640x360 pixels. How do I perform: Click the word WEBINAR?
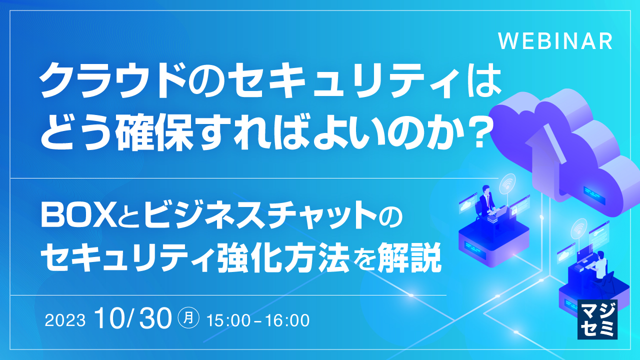(x=555, y=41)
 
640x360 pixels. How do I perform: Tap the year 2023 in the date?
(x=65, y=320)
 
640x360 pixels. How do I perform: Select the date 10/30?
(x=133, y=318)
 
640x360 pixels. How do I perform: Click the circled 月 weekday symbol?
(x=188, y=317)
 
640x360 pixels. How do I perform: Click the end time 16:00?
(x=287, y=320)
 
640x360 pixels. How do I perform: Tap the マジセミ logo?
(x=597, y=319)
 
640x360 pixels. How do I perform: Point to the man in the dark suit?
(x=486, y=203)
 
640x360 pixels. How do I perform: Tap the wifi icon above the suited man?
(x=507, y=182)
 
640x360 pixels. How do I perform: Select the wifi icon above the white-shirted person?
(x=579, y=227)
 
